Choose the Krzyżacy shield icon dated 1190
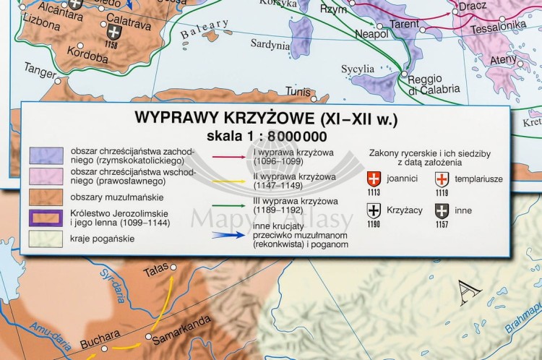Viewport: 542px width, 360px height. pyautogui.click(x=374, y=210)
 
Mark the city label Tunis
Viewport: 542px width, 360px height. pyautogui.click(x=297, y=92)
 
